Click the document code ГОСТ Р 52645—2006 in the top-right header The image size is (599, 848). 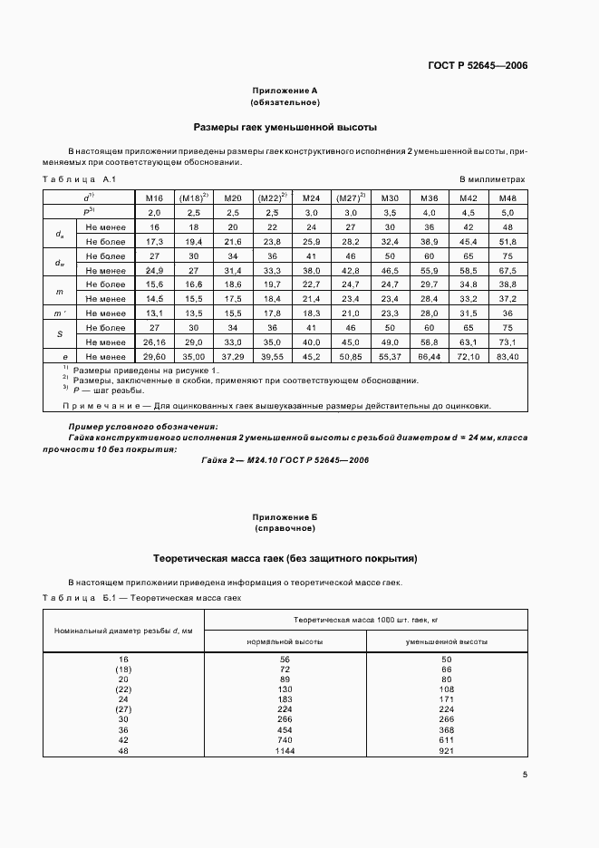click(x=477, y=66)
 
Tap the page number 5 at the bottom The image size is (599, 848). click(x=525, y=774)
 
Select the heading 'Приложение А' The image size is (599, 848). click(x=285, y=91)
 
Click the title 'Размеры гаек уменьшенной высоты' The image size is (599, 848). click(x=285, y=128)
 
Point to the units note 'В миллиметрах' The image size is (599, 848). click(x=492, y=180)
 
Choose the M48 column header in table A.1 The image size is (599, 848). click(x=507, y=198)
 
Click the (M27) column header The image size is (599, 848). click(x=349, y=198)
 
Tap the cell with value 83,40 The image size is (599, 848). click(x=507, y=358)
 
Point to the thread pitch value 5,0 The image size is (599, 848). click(x=507, y=211)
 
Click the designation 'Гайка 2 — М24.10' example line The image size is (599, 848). click(x=285, y=460)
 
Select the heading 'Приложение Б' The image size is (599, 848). click(x=285, y=516)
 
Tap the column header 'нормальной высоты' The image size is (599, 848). click(x=285, y=641)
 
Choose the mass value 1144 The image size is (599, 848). click(x=285, y=751)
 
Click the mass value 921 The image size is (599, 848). click(x=447, y=751)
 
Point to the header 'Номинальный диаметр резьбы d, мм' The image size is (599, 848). click(x=124, y=630)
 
